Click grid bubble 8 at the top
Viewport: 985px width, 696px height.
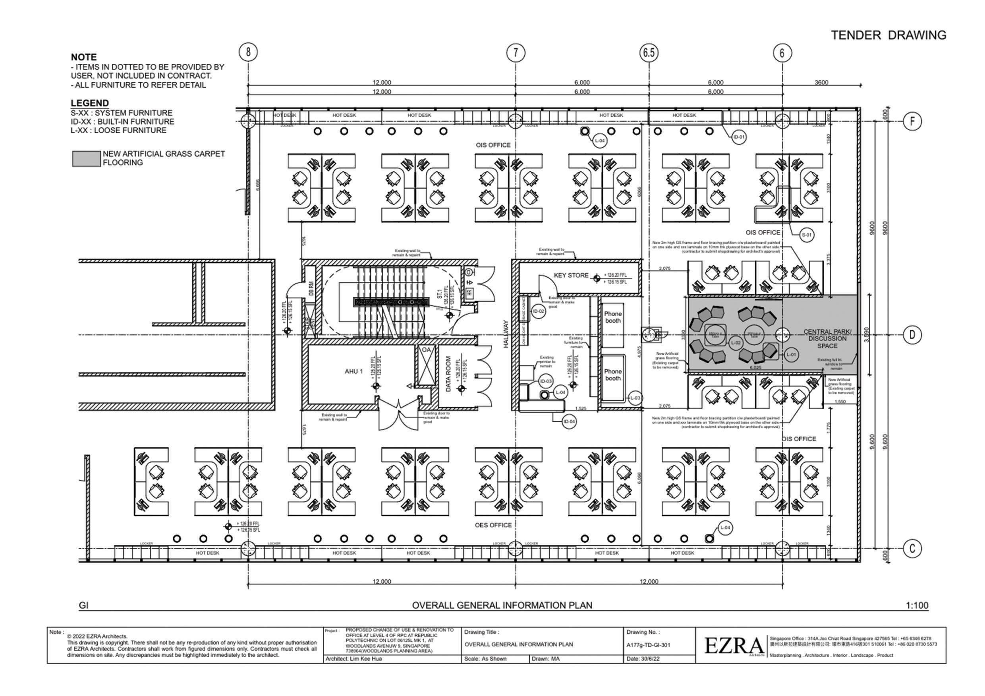point(248,52)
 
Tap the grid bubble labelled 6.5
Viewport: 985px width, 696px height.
point(649,52)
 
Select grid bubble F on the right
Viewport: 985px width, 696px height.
point(912,121)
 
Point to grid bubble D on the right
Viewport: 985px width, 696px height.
point(912,335)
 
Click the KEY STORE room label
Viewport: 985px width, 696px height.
point(571,275)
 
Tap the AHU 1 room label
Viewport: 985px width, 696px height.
point(353,371)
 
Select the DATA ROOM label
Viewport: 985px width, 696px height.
point(448,374)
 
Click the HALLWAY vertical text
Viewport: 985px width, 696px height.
point(506,334)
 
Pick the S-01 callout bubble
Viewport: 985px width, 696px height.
point(807,235)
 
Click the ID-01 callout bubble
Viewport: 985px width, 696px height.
point(739,137)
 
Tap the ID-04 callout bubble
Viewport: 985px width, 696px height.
point(569,422)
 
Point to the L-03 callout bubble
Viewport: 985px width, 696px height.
point(635,398)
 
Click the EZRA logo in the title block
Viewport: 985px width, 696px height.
point(734,646)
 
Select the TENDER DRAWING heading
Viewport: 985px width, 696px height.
point(888,35)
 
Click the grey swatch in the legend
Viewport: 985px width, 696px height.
point(86,159)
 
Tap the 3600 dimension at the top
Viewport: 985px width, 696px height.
point(821,82)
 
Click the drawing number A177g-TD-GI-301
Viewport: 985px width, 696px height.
point(648,644)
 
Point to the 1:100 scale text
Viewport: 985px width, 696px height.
point(917,605)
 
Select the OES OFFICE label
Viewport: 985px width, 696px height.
point(493,525)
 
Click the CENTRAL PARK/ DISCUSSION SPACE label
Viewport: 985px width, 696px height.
point(827,338)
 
